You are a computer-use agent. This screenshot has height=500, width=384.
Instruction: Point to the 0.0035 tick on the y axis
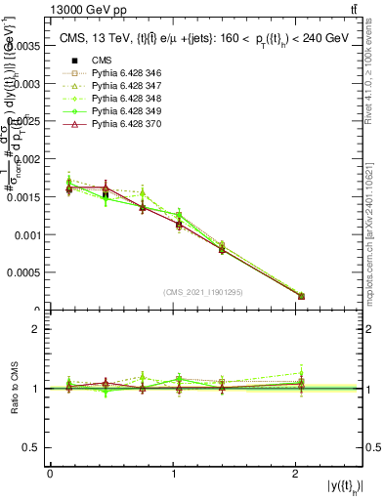point(28,46)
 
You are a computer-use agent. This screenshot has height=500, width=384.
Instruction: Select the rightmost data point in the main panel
point(301,296)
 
